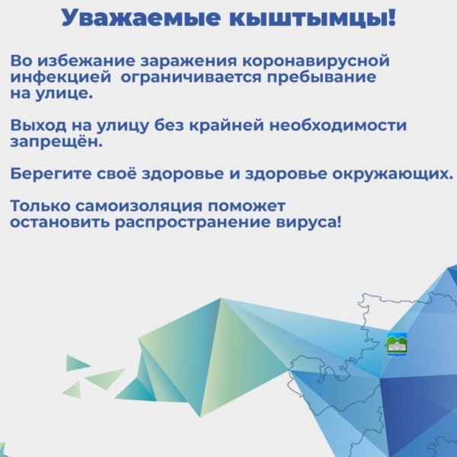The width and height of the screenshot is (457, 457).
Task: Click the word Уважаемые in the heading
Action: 140,18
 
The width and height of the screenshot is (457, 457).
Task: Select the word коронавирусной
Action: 316,62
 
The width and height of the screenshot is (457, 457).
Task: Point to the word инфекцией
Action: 61,78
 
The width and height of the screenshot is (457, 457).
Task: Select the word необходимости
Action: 337,126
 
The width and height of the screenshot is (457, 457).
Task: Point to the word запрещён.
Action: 56,142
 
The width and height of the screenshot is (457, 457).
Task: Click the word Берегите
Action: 51,174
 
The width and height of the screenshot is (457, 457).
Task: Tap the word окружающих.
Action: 392,174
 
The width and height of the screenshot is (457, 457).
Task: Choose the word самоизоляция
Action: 139,206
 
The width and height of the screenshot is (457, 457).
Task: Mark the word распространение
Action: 192,223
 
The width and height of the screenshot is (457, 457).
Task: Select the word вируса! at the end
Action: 308,222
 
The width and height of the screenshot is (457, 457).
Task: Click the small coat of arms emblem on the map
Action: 397,345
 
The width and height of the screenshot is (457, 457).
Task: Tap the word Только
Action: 40,206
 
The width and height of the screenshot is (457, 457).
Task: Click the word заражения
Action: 189,62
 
